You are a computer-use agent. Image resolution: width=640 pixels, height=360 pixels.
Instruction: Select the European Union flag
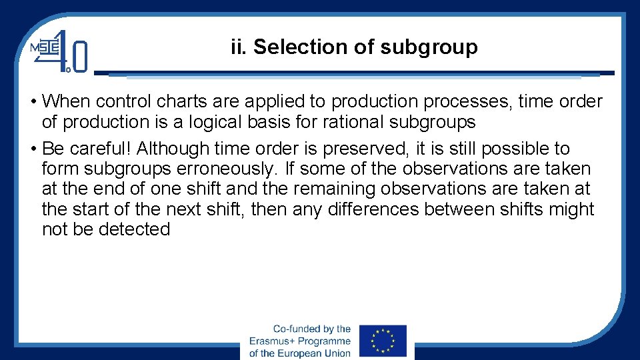[x=383, y=341]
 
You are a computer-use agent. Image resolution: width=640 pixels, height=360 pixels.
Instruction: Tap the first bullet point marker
[x=33, y=102]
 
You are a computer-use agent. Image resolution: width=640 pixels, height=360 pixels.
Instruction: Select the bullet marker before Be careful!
[x=33, y=149]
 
